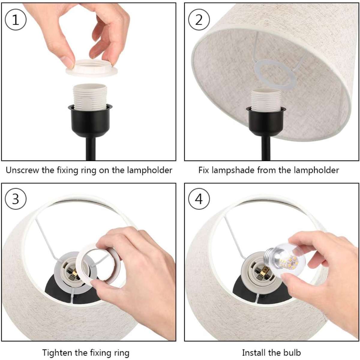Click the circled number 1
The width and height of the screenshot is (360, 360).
coord(16,19)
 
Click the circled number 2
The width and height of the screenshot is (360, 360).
coord(199,19)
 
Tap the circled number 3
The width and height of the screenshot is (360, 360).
coord(16,199)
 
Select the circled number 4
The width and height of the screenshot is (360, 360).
coord(199,199)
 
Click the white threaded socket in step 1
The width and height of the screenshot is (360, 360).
coord(90,97)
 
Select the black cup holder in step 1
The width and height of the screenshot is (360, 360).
coord(90,121)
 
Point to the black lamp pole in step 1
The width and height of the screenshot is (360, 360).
coord(90,149)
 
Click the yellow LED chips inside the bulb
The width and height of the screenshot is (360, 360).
coord(289,263)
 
